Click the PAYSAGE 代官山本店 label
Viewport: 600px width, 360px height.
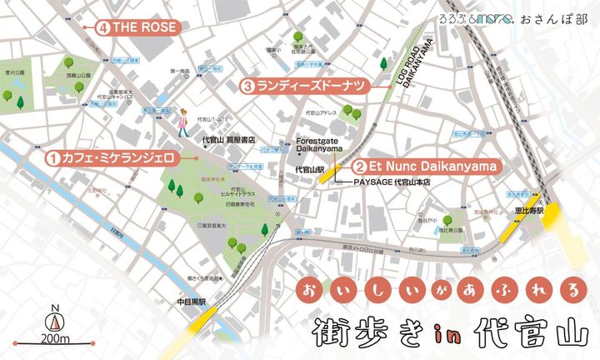tap(395, 181)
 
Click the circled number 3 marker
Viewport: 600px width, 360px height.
tap(248, 85)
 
